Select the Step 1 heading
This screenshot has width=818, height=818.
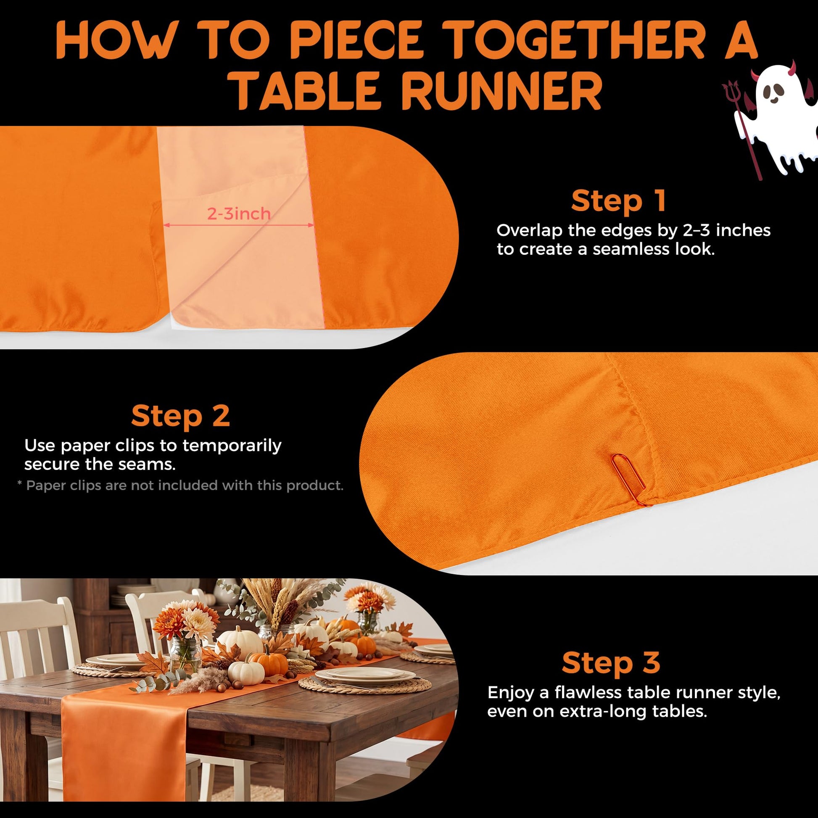[619, 201]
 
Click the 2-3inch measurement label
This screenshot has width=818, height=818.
[239, 214]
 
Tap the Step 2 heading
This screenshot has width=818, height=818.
[180, 416]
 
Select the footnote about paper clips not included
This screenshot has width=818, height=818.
[180, 485]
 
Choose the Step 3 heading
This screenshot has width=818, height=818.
[611, 662]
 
